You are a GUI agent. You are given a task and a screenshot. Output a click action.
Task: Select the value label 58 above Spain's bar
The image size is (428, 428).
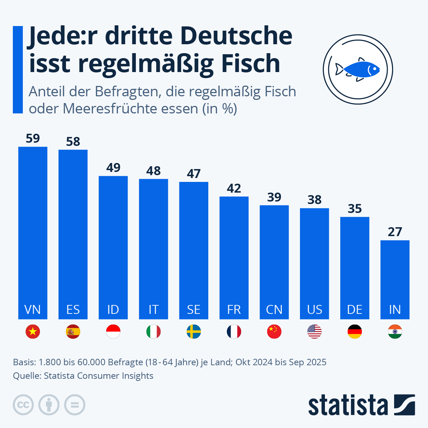click(x=73, y=142)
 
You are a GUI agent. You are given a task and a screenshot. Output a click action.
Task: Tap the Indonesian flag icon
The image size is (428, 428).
click(x=113, y=332)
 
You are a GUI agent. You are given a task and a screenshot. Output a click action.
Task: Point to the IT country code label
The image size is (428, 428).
click(x=153, y=309)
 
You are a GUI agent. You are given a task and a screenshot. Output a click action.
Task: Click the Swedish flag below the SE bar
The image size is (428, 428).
click(x=194, y=332)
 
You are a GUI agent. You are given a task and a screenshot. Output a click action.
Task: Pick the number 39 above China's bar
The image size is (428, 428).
click(x=274, y=197)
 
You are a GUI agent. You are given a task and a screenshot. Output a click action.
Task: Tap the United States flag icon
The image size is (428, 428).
click(x=315, y=332)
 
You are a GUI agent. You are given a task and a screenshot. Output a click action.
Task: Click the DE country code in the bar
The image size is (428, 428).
click(x=355, y=309)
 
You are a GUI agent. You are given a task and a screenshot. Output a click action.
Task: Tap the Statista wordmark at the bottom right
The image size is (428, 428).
click(x=348, y=405)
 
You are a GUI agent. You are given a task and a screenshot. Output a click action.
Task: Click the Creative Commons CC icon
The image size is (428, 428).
click(x=23, y=405)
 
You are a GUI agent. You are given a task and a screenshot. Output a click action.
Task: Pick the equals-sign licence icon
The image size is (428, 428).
click(x=75, y=405)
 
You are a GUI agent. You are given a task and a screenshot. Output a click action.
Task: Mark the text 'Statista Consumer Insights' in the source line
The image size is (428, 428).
click(x=98, y=376)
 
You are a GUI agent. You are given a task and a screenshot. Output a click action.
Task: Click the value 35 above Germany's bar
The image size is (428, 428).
click(x=355, y=209)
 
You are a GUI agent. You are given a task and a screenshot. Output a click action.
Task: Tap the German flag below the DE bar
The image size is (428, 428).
click(x=355, y=332)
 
